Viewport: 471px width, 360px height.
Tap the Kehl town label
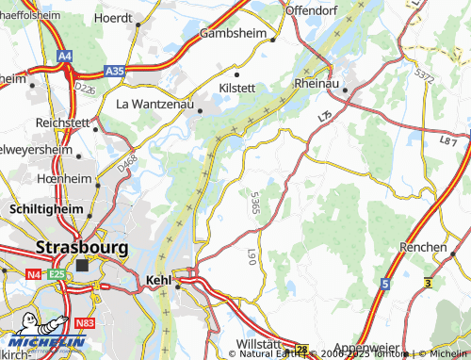pos(162,279)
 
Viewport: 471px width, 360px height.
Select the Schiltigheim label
pos(45,207)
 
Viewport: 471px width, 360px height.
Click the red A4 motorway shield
pos(63,57)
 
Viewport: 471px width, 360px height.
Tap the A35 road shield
pos(115,71)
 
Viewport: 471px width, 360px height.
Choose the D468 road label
pos(125,161)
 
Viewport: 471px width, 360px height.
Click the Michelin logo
pos(42,334)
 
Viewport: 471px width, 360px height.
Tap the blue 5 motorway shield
pos(384,283)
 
